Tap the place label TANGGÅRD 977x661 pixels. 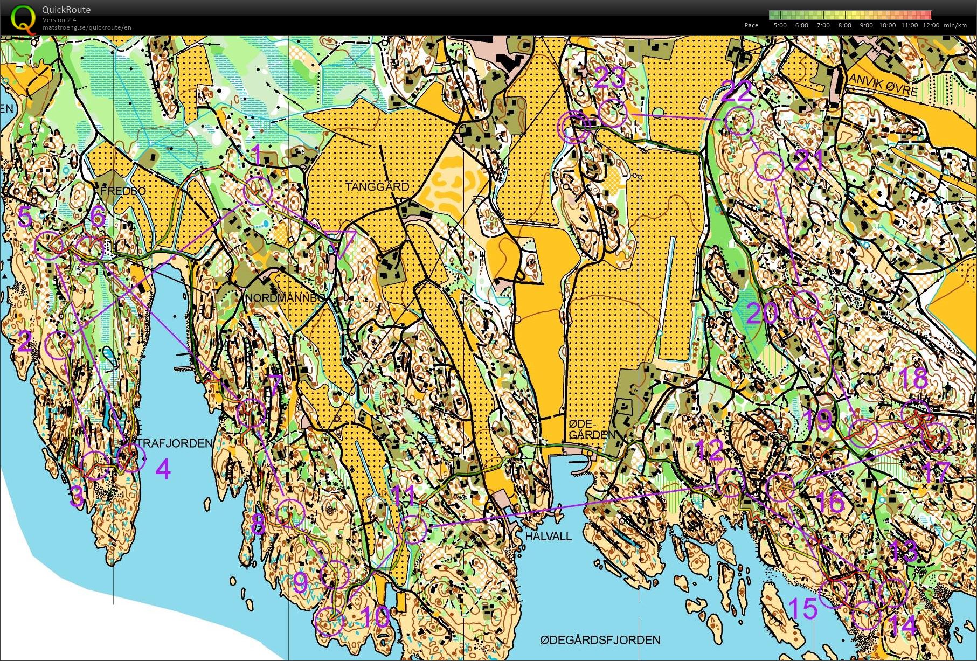click(x=377, y=187)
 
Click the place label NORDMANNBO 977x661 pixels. click(x=285, y=298)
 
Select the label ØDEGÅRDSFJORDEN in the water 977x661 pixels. click(x=600, y=640)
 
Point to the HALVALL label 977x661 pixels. click(x=548, y=537)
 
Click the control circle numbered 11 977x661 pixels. click(x=413, y=529)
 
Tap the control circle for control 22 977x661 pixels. click(x=739, y=121)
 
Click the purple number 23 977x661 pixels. click(x=610, y=77)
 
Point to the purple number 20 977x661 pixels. click(x=762, y=313)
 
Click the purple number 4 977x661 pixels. click(x=163, y=469)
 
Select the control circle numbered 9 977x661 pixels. click(x=335, y=574)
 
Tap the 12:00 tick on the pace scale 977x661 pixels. click(x=931, y=25)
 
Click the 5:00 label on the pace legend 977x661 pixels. click(x=779, y=25)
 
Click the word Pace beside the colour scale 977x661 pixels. click(x=751, y=25)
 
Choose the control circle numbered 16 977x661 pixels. click(x=780, y=487)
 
